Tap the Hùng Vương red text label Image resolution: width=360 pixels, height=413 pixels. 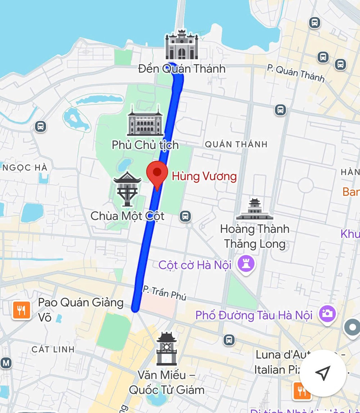click(204, 176)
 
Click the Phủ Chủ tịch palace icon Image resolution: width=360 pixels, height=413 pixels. click(145, 122)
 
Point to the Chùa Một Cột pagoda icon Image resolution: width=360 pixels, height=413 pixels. click(127, 189)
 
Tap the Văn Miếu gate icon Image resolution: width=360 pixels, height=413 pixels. click(167, 349)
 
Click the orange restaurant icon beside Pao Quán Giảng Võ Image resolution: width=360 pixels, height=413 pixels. click(22, 310)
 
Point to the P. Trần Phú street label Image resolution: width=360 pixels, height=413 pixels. click(164, 293)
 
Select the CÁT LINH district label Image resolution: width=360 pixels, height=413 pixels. click(53, 349)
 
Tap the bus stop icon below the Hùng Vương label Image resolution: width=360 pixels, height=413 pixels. click(185, 216)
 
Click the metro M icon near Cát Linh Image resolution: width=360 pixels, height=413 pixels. click(5, 363)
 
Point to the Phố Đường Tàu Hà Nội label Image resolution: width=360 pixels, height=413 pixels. click(254, 315)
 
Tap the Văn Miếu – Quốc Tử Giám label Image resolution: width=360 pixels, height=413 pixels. click(167, 382)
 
